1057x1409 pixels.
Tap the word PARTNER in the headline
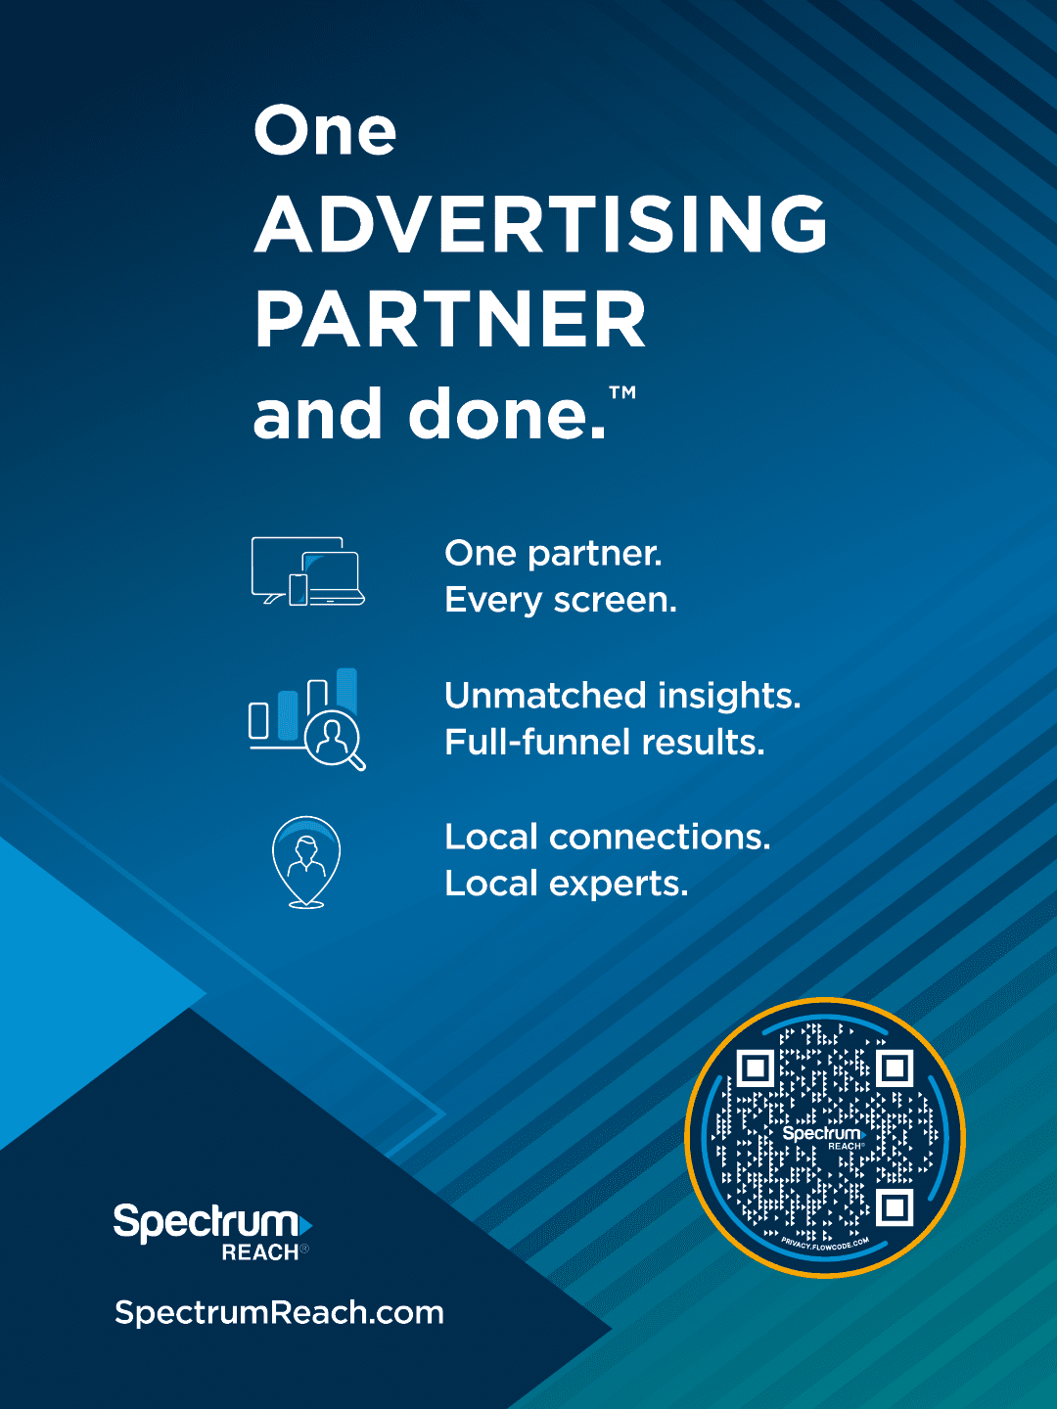click(x=450, y=318)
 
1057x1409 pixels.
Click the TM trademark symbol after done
click(x=621, y=392)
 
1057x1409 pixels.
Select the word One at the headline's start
click(x=325, y=130)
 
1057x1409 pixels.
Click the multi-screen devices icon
click(x=308, y=571)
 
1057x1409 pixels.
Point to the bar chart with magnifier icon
click(x=306, y=719)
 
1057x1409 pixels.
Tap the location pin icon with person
click(x=306, y=862)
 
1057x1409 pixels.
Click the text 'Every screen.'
click(x=560, y=601)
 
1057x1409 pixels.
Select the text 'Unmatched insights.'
click(x=622, y=696)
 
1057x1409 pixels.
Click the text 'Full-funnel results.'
click(x=605, y=743)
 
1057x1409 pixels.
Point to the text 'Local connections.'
click(x=607, y=838)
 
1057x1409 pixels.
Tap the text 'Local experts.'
click(x=566, y=885)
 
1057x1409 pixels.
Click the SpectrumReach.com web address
click(x=279, y=1313)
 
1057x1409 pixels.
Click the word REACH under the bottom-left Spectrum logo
click(x=260, y=1252)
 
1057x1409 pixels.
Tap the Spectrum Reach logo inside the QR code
click(x=824, y=1138)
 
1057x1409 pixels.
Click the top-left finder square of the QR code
click(x=755, y=1068)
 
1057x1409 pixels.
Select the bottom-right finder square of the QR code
click(x=895, y=1208)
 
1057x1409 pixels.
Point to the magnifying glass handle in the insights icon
click(x=357, y=761)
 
